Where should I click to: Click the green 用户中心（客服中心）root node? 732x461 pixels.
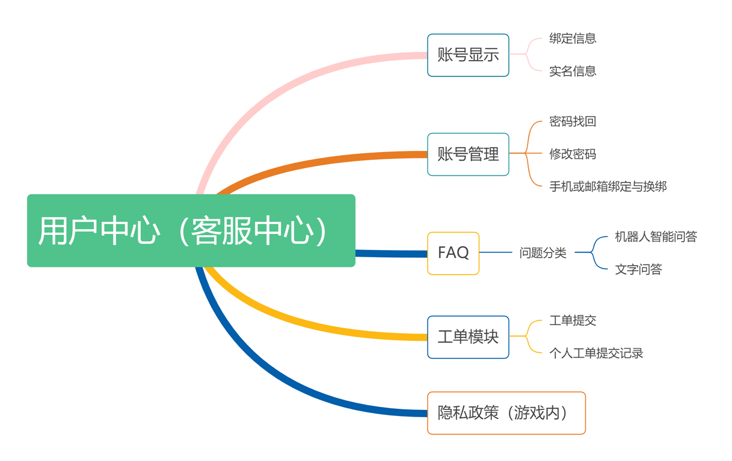(191, 231)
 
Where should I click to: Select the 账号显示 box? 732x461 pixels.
(468, 55)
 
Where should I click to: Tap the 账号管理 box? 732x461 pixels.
(468, 154)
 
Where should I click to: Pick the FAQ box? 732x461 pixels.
(454, 254)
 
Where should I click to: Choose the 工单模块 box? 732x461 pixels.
(468, 337)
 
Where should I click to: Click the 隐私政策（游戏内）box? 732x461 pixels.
(506, 413)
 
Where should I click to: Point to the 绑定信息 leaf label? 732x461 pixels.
(573, 38)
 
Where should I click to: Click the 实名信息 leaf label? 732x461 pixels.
(573, 71)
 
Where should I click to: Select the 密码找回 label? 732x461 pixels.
(573, 121)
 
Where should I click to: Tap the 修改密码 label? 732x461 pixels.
(573, 154)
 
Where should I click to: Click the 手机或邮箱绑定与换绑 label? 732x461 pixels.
(608, 187)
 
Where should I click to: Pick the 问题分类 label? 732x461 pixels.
(543, 253)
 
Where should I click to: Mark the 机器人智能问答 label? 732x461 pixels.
(656, 237)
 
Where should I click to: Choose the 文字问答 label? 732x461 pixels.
(638, 269)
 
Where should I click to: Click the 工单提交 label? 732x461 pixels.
(573, 320)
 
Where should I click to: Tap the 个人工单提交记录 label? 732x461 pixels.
(596, 353)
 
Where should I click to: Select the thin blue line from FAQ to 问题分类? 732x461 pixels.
(496, 252)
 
